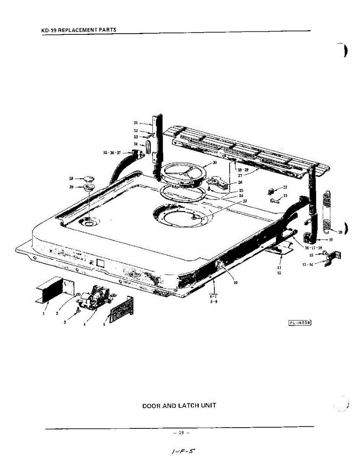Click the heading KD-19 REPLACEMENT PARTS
[x=79, y=30]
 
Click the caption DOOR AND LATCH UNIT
[x=179, y=405]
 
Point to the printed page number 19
[x=181, y=433]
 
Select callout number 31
[x=136, y=123]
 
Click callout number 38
[x=71, y=178]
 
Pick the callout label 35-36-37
[x=112, y=153]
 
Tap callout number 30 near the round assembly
[x=214, y=163]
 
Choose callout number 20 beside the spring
[x=341, y=232]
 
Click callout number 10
[x=235, y=283]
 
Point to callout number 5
[x=104, y=324]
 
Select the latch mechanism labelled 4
[x=95, y=298]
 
